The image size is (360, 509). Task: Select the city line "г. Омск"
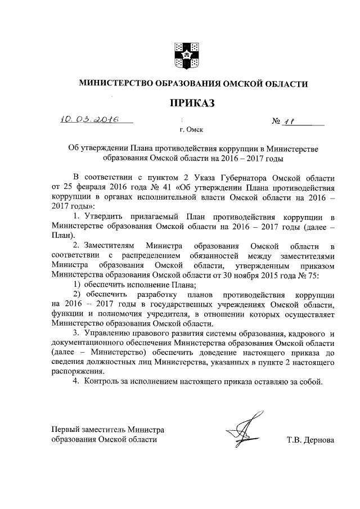pyautogui.click(x=191, y=130)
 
